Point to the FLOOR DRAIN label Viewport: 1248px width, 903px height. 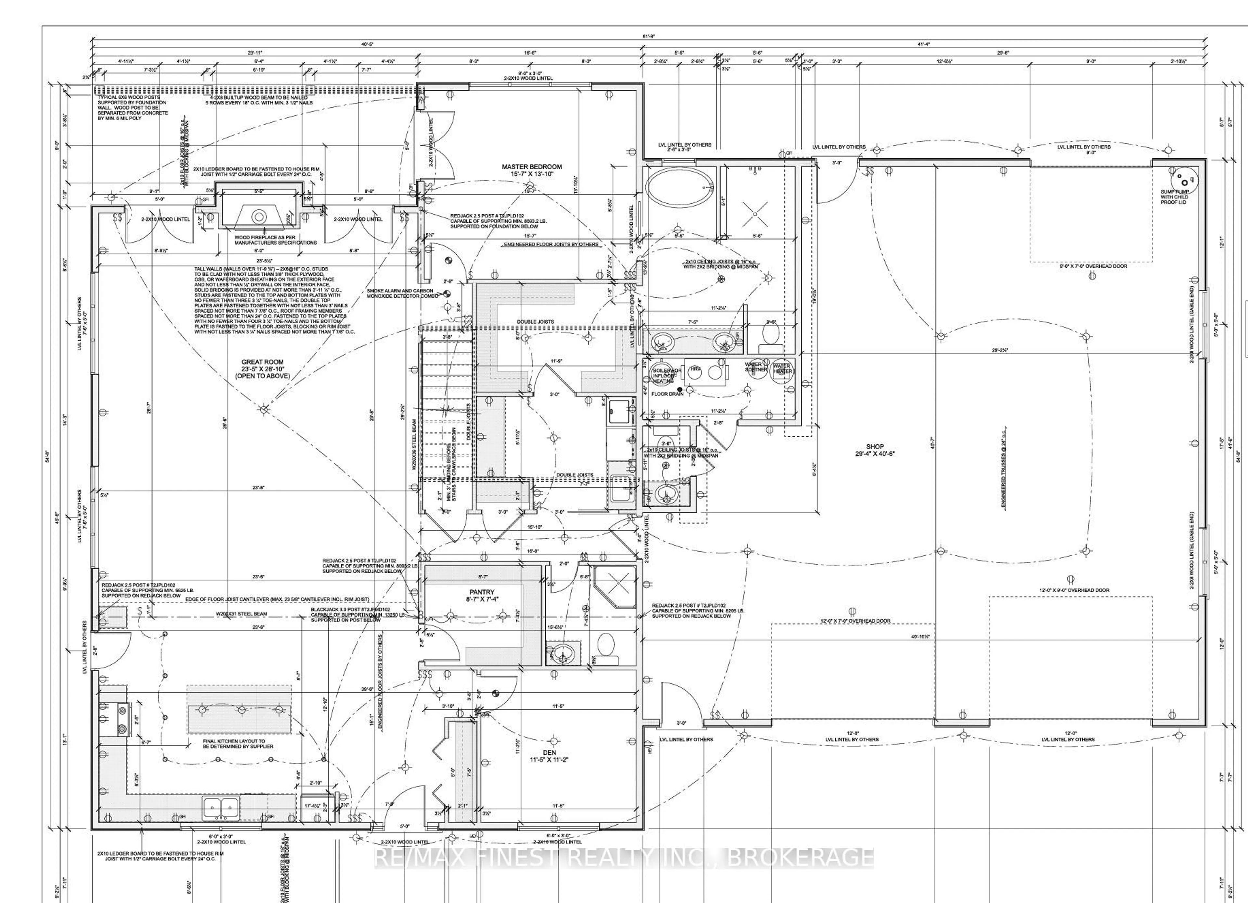pos(668,394)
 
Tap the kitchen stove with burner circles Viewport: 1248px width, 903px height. pos(121,719)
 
